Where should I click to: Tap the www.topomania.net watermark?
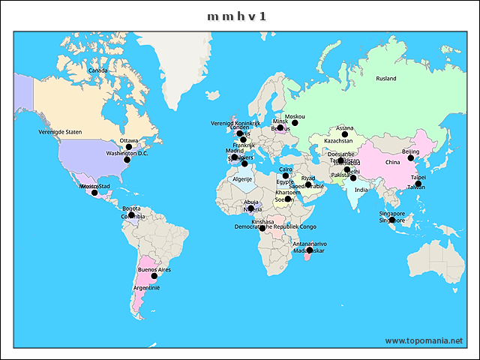click(424, 340)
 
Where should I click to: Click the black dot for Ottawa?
click(129, 147)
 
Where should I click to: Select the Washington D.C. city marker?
click(127, 160)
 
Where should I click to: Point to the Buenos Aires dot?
click(154, 276)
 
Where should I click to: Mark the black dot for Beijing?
click(410, 158)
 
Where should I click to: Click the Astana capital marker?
click(345, 134)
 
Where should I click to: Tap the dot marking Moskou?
click(295, 123)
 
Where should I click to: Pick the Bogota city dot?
click(131, 215)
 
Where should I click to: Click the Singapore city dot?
click(391, 220)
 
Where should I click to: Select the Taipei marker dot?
click(418, 184)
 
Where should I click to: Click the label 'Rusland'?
click(386, 78)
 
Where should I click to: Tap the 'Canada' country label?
click(97, 70)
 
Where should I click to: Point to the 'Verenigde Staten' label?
click(60, 132)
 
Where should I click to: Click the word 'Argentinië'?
click(146, 287)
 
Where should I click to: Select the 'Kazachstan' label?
click(338, 141)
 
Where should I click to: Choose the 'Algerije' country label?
click(242, 179)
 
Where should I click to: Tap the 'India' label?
click(361, 190)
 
